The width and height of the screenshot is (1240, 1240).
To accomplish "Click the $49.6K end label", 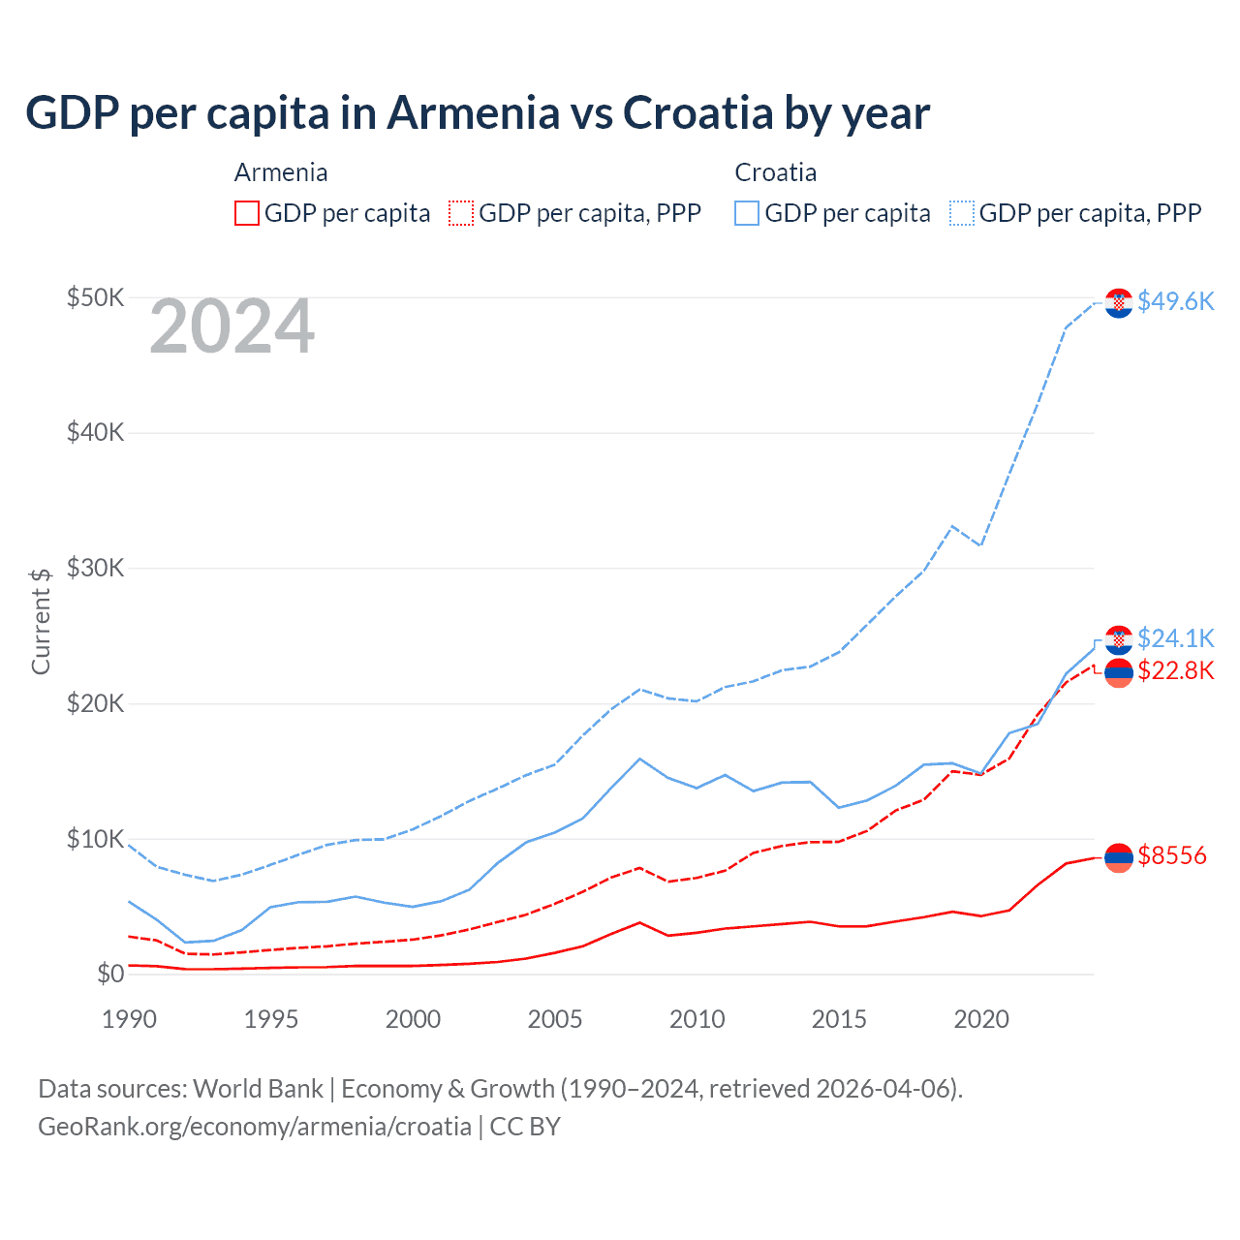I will click(x=1175, y=301).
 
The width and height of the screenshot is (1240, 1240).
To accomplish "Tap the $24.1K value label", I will click(x=1175, y=638).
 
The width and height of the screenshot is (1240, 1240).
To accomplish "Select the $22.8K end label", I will click(x=1175, y=670).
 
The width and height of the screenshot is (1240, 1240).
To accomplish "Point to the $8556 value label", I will click(x=1171, y=855).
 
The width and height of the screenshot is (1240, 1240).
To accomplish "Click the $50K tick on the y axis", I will click(x=95, y=297).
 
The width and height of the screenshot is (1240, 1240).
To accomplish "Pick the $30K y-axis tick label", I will click(x=95, y=568).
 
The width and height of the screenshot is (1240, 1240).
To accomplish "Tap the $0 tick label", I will click(x=110, y=974).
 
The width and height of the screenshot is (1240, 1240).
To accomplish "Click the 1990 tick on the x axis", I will click(x=129, y=1019).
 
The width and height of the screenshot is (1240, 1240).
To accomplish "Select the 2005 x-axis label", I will click(x=555, y=1019).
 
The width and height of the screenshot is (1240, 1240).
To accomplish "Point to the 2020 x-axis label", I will click(x=981, y=1019).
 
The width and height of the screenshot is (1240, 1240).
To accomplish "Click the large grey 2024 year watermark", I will click(x=232, y=326).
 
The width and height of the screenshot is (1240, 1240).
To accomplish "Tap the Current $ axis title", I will click(x=41, y=621).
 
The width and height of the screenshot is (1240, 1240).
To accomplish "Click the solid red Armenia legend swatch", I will click(x=247, y=213).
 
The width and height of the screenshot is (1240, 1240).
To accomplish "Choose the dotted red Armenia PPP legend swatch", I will click(x=461, y=213).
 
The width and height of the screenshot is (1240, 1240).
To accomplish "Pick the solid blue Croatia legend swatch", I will click(x=747, y=213).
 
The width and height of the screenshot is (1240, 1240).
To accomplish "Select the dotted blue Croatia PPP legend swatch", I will click(x=962, y=213).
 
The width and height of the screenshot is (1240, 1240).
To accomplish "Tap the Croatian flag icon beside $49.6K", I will click(x=1119, y=303).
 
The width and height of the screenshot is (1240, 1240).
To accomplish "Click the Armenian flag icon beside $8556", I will click(x=1119, y=857).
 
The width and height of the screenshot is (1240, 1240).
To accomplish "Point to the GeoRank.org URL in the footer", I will click(x=255, y=1127).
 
